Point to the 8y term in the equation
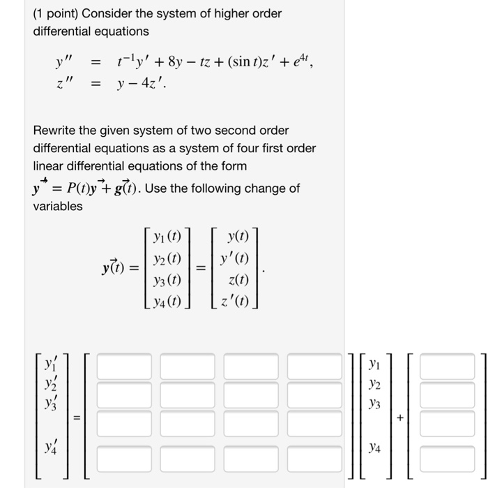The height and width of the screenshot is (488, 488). (x=172, y=64)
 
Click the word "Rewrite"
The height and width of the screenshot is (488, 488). (x=55, y=131)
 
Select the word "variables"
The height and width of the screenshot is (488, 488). (x=58, y=206)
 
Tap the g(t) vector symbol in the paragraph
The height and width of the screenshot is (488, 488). (x=132, y=188)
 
